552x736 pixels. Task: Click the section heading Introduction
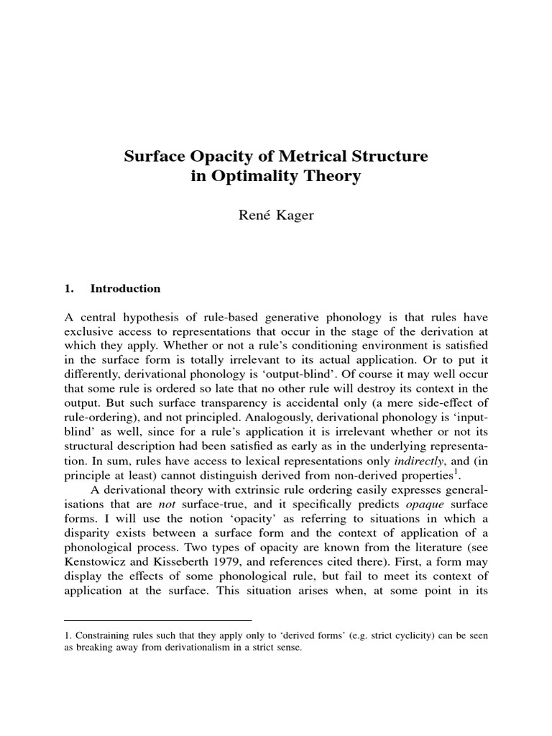pos(125,288)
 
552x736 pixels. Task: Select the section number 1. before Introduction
pos(70,288)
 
